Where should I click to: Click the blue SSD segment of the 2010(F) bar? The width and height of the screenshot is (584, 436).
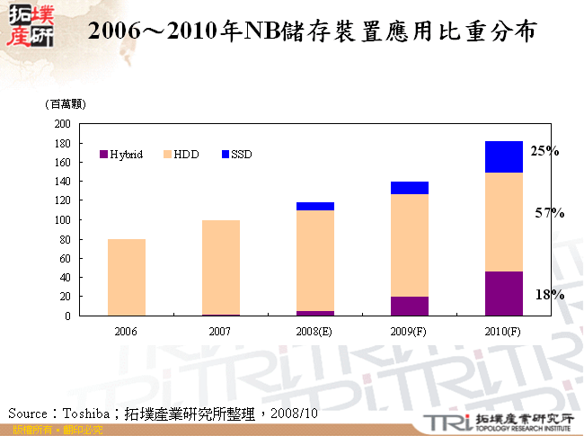click(x=503, y=156)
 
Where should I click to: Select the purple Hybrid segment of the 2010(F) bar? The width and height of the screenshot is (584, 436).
click(x=503, y=293)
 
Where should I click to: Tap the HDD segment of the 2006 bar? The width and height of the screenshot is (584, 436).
click(x=126, y=277)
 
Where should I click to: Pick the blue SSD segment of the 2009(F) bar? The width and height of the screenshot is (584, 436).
click(x=409, y=188)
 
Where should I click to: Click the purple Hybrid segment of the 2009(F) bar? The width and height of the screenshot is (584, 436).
click(x=409, y=306)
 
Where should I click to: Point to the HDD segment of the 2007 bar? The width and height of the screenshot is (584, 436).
click(x=220, y=267)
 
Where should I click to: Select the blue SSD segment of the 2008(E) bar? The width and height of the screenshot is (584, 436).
click(x=314, y=206)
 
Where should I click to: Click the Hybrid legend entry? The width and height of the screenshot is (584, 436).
click(x=121, y=155)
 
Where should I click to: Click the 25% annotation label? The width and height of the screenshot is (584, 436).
click(x=544, y=151)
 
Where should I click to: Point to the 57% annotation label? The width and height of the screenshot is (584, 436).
click(x=549, y=213)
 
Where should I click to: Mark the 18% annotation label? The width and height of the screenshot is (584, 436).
click(x=549, y=294)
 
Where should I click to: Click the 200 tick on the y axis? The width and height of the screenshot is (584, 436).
click(x=62, y=124)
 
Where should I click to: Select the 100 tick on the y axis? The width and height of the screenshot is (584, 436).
click(x=62, y=220)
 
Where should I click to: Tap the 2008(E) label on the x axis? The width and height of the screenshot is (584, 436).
click(x=314, y=331)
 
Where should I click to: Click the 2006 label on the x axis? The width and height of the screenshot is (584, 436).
click(x=126, y=331)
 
